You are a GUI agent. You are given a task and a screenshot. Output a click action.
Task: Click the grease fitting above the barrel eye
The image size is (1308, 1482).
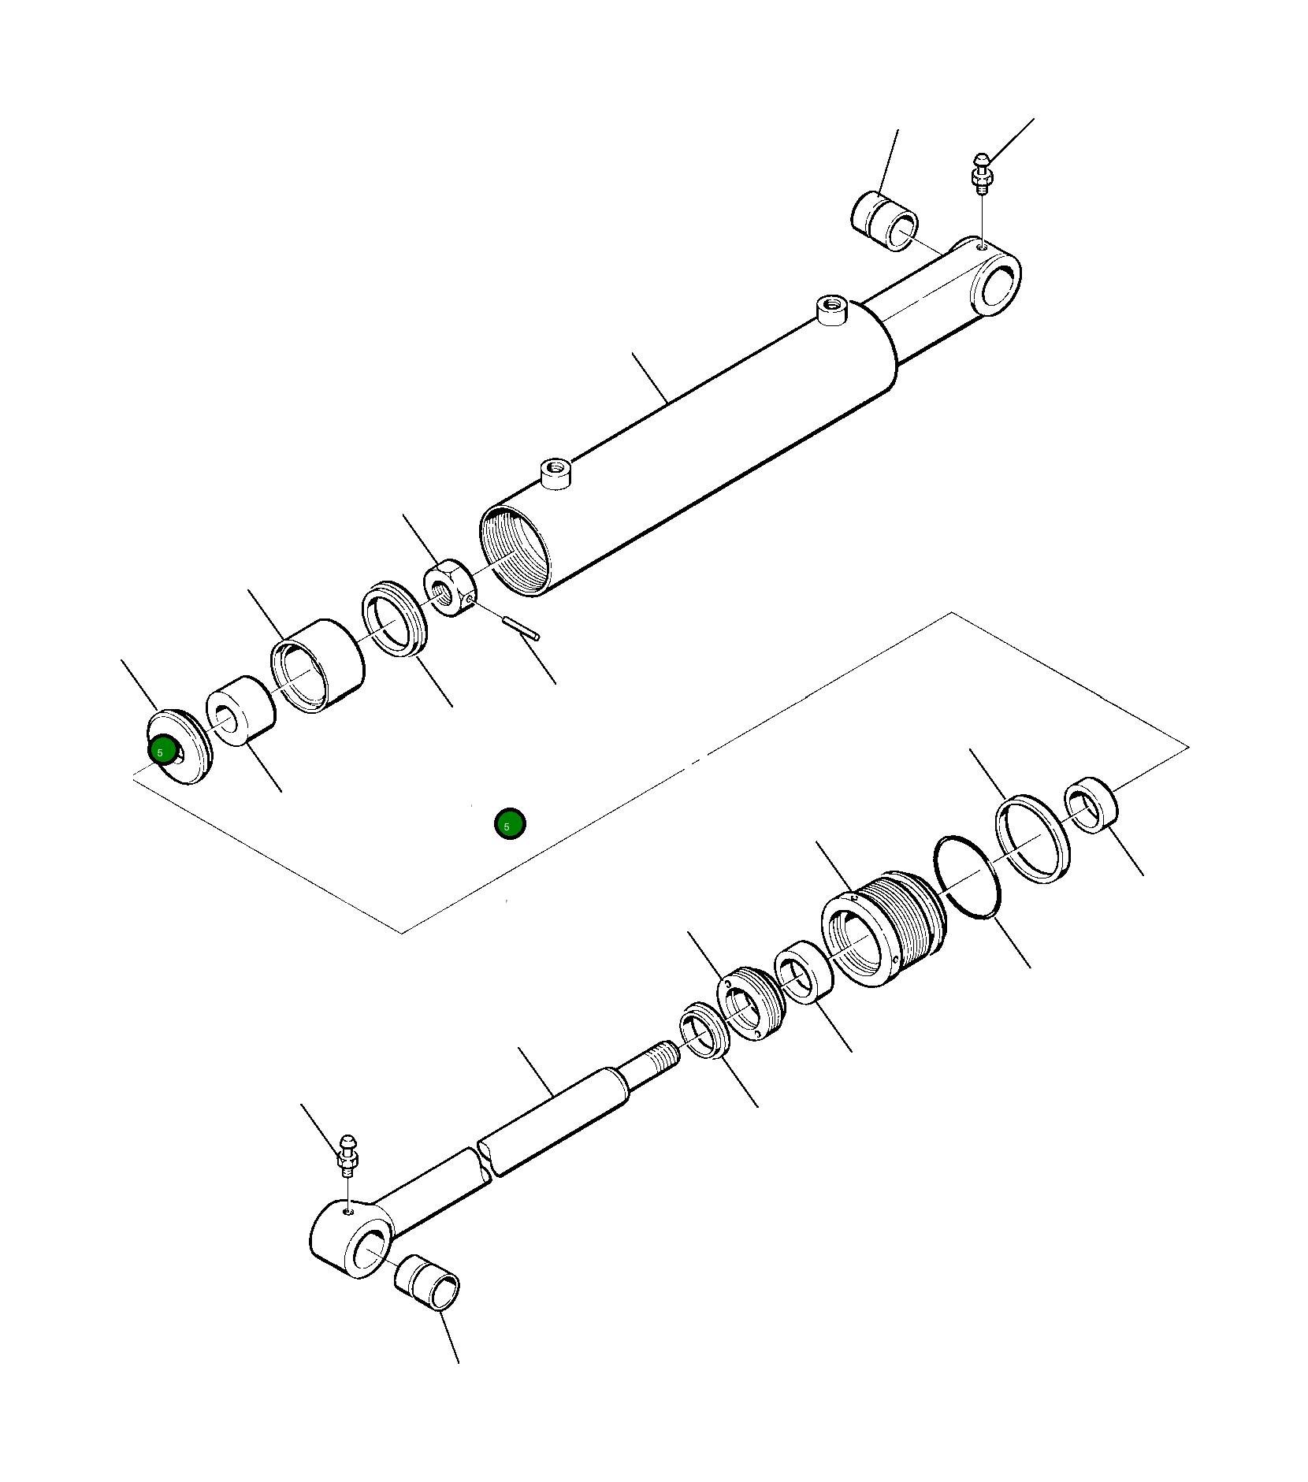(x=981, y=174)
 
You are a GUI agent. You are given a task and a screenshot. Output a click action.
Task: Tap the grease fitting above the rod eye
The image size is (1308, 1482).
(x=347, y=1156)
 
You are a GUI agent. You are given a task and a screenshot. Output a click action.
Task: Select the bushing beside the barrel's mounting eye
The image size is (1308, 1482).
(x=885, y=221)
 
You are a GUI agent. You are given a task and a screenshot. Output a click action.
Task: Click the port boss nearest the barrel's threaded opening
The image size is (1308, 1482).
(x=556, y=474)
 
